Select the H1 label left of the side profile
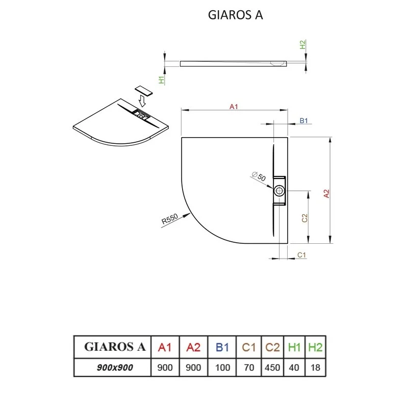pos(161,80)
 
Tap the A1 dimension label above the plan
pos(234,107)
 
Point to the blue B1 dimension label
pos(304,121)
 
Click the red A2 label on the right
pos(326,194)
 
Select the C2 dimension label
pos(304,218)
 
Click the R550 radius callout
pos(169,220)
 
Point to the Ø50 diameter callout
pos(259,177)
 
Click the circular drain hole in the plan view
pos(279,191)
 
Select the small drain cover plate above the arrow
pos(143,90)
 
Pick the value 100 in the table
pos(222,367)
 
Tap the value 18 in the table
pos(315,367)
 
